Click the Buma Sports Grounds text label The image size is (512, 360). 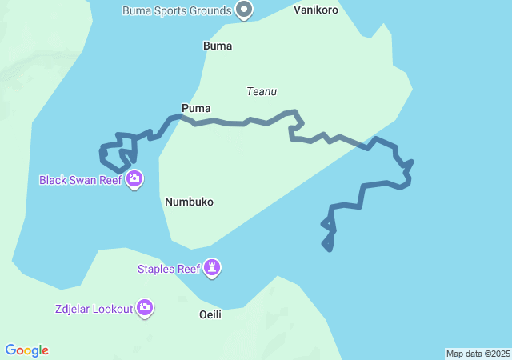click(x=177, y=10)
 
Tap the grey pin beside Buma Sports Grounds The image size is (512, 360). click(x=245, y=10)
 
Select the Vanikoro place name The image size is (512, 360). click(x=316, y=10)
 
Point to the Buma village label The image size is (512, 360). click(x=218, y=46)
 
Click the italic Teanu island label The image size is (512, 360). click(x=262, y=91)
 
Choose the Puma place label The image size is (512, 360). click(x=196, y=108)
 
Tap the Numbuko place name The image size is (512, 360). click(x=189, y=202)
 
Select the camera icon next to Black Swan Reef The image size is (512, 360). click(x=134, y=178)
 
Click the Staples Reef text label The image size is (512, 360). click(x=169, y=269)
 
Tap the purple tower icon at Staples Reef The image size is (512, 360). click(x=212, y=267)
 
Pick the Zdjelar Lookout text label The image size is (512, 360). click(x=94, y=309)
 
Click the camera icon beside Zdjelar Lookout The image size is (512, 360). click(x=145, y=307)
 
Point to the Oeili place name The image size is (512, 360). click(x=210, y=314)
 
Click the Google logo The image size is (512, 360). click(x=26, y=350)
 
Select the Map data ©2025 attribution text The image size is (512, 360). click(x=478, y=354)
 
